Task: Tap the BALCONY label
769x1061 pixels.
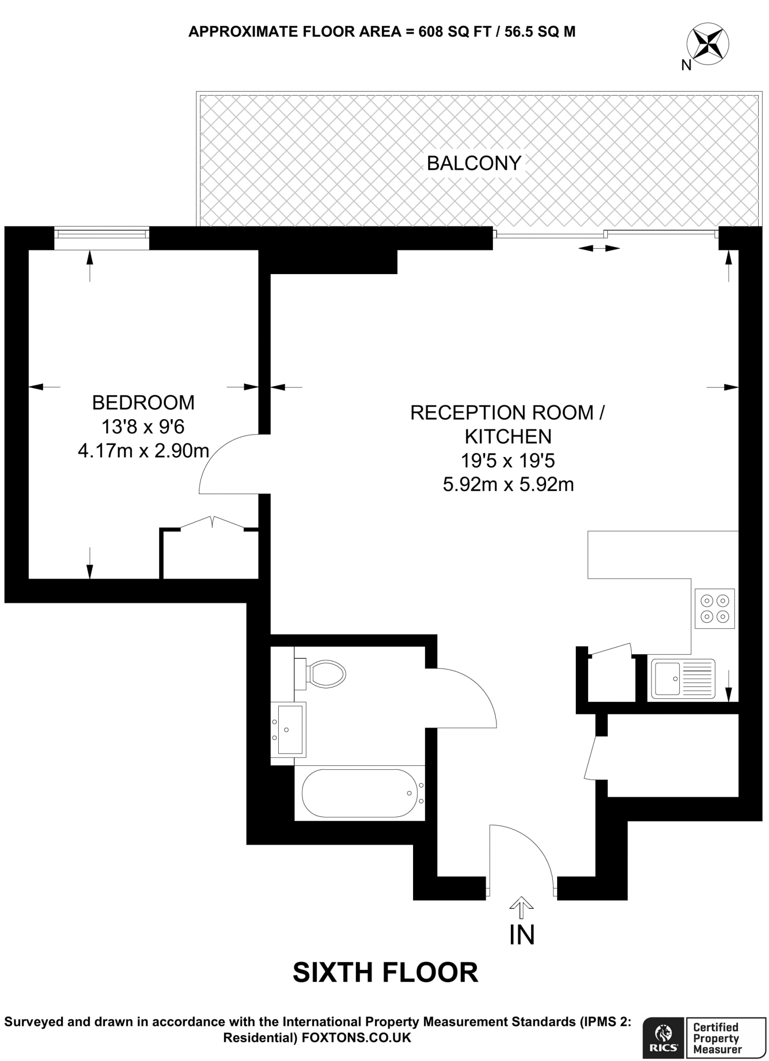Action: [x=474, y=163]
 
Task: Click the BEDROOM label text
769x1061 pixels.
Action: [x=143, y=403]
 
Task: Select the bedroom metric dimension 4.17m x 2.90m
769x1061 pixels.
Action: [x=143, y=451]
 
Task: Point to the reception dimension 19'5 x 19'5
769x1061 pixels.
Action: [x=508, y=461]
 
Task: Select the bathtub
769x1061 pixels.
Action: [x=360, y=793]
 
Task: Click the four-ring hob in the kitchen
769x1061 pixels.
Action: [x=715, y=609]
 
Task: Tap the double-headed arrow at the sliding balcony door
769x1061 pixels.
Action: [x=599, y=249]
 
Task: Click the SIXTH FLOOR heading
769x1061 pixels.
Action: [x=385, y=973]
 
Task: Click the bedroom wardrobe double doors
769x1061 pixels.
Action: [x=212, y=522]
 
